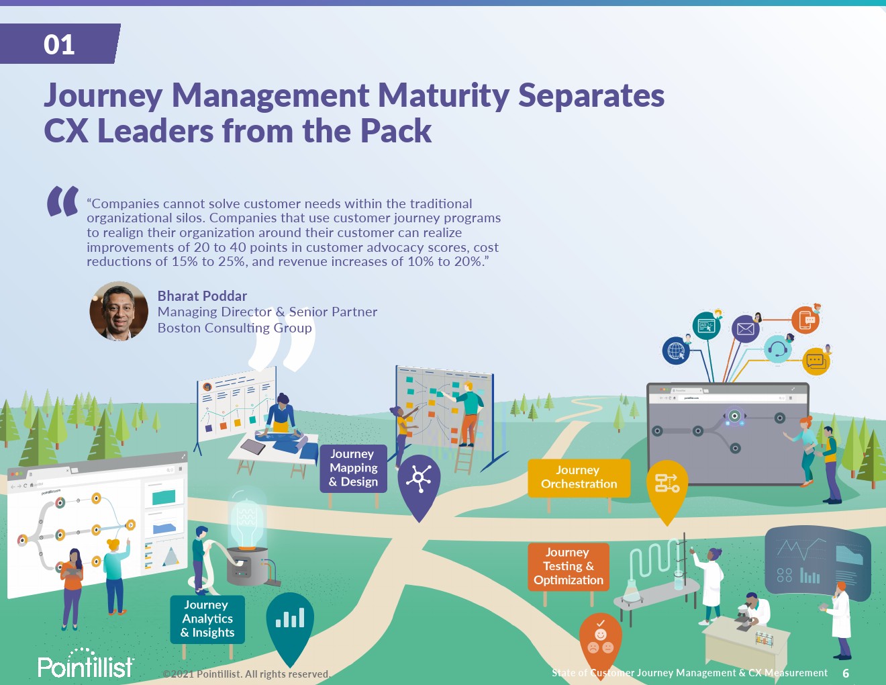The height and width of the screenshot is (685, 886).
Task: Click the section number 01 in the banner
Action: point(59,44)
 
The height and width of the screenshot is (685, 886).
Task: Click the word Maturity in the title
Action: point(444,96)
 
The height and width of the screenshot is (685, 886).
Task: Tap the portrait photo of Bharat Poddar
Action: point(119,311)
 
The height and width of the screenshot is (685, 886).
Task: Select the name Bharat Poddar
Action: point(202,295)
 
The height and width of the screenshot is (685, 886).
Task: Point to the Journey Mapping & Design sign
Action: point(354,468)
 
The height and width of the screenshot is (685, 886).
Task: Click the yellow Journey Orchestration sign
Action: point(579,477)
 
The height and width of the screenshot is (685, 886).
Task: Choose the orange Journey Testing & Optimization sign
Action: point(569,566)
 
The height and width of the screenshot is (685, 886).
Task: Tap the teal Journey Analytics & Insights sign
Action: point(207,619)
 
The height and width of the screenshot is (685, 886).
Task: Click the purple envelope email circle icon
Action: point(745,329)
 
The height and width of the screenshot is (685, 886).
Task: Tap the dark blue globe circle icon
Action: point(676,351)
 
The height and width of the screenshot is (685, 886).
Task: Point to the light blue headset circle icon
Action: point(777,349)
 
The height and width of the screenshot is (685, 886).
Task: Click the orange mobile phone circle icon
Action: point(805,320)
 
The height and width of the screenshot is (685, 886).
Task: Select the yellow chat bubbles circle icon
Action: point(816,361)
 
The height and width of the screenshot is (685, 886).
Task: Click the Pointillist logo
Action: point(86,664)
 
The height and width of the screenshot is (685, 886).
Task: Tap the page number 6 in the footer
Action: point(846,673)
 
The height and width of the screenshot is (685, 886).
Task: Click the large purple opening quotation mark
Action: point(63,201)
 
